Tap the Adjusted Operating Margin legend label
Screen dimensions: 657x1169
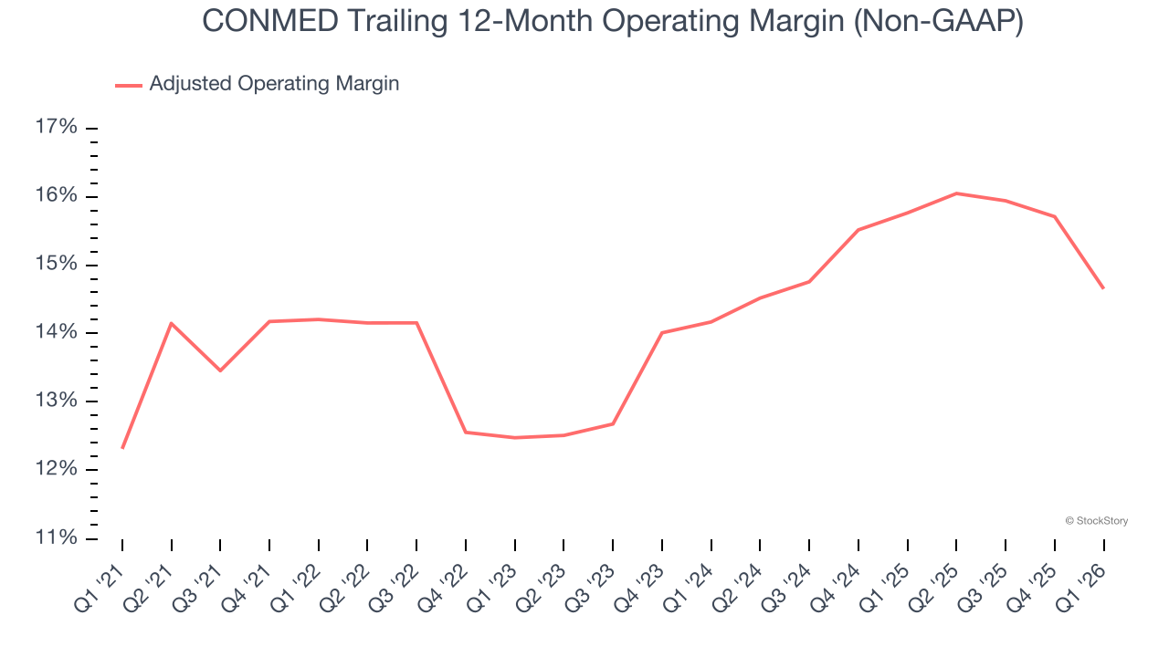[274, 84]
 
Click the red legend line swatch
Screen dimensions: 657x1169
[128, 85]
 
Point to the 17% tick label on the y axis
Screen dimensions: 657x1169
[57, 128]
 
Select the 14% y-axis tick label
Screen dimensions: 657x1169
[57, 333]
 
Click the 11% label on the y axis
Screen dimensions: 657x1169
[57, 538]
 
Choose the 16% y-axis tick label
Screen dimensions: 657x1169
[57, 196]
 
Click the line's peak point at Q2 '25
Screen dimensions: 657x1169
[956, 193]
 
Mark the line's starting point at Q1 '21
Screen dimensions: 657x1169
[122, 448]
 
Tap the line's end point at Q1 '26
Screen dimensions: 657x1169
[1103, 288]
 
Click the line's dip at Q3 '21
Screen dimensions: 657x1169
[220, 370]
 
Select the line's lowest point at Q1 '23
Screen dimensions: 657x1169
[515, 438]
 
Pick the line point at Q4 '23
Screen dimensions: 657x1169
[662, 332]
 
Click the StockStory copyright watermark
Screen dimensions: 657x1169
[1096, 521]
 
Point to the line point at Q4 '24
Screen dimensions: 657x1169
[858, 230]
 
